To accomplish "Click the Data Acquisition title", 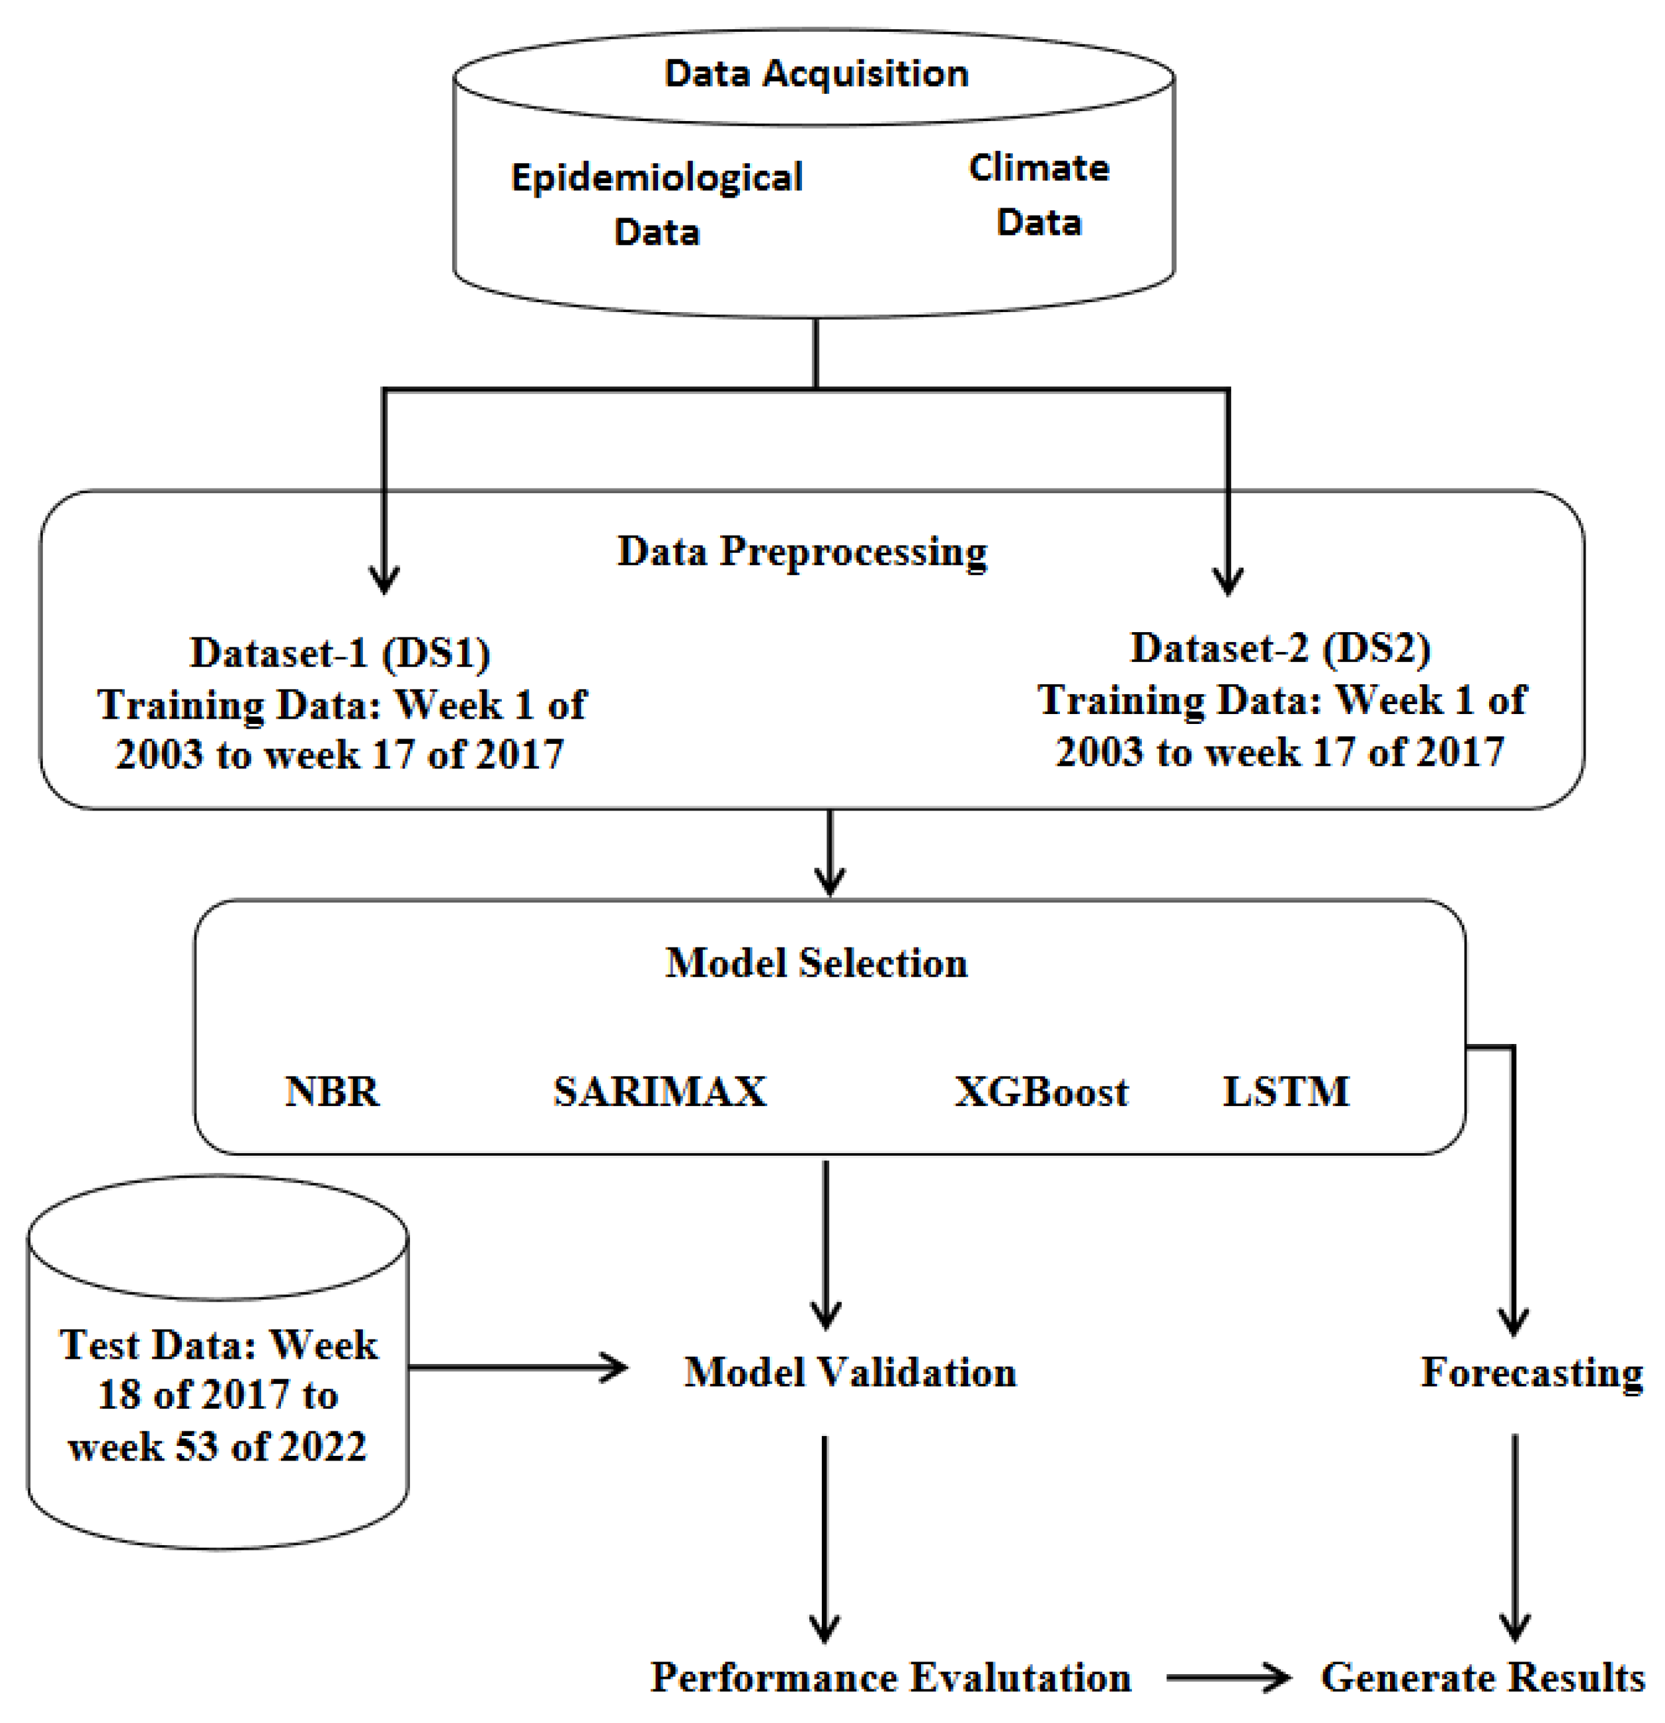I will click(816, 73).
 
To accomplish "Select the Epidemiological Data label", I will click(657, 203).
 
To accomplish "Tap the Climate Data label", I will click(1038, 194).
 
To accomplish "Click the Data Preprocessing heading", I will click(801, 552).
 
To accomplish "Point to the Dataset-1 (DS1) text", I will click(341, 653).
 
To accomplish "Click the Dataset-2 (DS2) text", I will click(1280, 648).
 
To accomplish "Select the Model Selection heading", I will click(816, 963).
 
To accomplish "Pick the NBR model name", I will click(333, 1092).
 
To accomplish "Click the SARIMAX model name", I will click(659, 1092).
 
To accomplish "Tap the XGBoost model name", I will click(1041, 1092).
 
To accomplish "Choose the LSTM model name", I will click(1285, 1092).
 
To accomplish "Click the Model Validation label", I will click(849, 1372).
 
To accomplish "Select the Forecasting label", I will click(1531, 1372).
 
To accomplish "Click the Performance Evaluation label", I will click(889, 1677).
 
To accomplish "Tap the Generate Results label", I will click(1482, 1677).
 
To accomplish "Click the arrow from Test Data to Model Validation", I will click(518, 1368).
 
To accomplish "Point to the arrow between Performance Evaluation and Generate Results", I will click(1227, 1677).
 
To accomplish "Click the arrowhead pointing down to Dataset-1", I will click(384, 581).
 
